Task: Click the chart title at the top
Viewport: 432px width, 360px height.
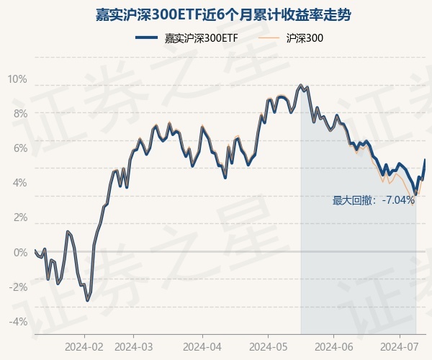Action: coord(216,14)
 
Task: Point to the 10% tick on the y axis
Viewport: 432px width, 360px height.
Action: coord(17,78)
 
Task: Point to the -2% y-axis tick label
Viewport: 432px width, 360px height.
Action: coord(18,287)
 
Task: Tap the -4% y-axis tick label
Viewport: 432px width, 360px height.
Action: coord(18,321)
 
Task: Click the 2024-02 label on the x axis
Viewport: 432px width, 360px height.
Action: coord(84,346)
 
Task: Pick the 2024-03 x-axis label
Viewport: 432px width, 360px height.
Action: coord(134,346)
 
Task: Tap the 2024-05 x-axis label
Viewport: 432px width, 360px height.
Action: coord(268,346)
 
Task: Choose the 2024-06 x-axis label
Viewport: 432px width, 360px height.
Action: coord(334,346)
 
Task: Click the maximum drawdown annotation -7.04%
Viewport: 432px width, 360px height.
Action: coord(373,200)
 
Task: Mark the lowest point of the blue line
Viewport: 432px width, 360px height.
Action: coord(87,300)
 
